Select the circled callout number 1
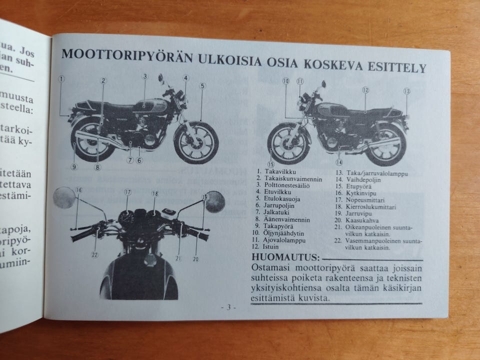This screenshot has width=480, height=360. point(61,78)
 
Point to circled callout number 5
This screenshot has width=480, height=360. point(202,85)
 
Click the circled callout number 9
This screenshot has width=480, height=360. point(74,166)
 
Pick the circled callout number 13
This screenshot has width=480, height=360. point(406,91)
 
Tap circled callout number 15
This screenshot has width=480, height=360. point(271,163)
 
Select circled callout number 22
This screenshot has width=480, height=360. point(94,254)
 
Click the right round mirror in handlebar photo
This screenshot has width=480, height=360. point(214,201)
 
